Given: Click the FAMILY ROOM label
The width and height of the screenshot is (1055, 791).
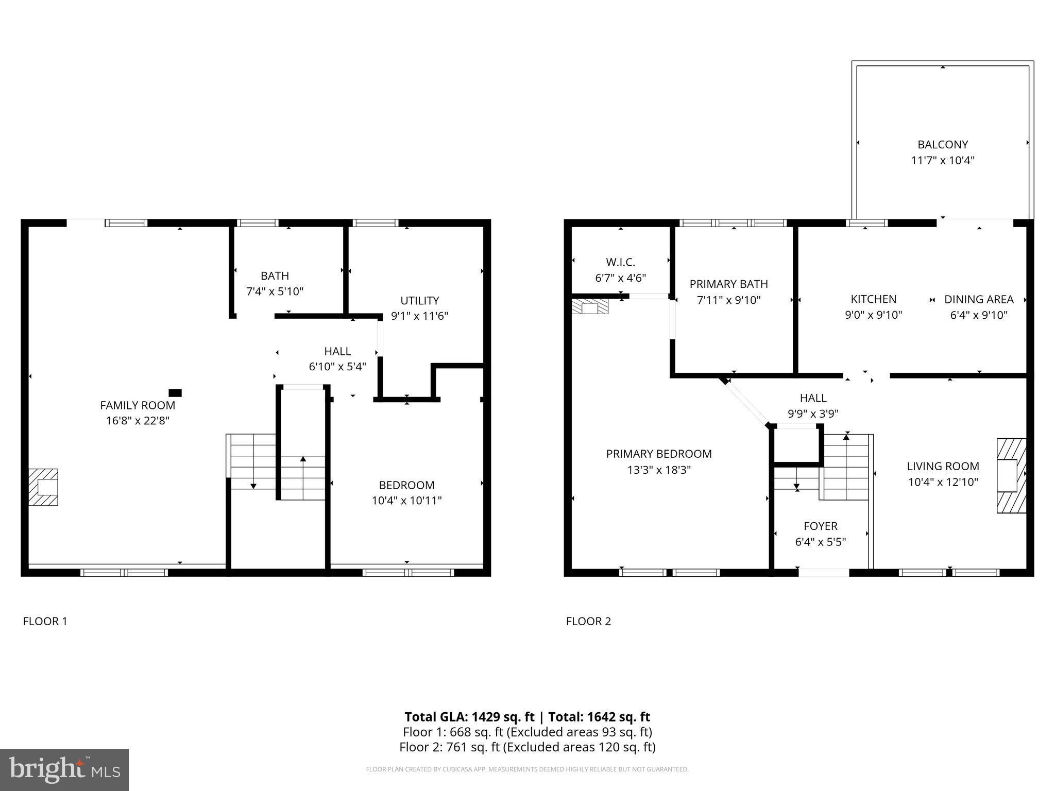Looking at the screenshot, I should coord(138,405).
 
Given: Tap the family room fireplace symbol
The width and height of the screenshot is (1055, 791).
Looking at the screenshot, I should coord(43,487).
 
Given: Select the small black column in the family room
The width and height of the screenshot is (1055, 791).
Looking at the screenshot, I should coord(175,393).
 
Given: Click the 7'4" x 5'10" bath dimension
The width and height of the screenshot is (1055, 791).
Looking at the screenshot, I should coord(275,291).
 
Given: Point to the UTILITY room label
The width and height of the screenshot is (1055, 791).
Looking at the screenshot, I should coord(419,300).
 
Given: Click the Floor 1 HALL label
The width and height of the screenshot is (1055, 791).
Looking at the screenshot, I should coord(337,351).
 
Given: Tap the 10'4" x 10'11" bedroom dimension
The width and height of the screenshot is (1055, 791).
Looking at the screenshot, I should coord(406,501).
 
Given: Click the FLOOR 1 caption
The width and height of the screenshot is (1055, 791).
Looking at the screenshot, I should coord(45,621).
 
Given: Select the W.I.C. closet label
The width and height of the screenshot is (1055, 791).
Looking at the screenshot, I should coord(620,262).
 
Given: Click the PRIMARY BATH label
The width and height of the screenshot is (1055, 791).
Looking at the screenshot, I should coord(728,284).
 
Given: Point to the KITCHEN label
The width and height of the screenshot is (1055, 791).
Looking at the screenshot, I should coord(873,299).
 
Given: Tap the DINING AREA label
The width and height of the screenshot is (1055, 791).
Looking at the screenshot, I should coord(978,299).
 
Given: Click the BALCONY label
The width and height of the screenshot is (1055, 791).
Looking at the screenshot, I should coord(942,145).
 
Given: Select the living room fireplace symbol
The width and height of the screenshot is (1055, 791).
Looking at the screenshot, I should coord(1011,475).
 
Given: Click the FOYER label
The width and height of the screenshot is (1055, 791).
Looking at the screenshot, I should coord(820,526).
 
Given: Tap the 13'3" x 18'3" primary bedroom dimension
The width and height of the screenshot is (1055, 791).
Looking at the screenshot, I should coord(659,470).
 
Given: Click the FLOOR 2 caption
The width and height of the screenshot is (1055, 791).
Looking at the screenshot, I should coord(588,621).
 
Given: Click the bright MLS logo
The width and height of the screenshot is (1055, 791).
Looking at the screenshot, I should coord(64,769).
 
